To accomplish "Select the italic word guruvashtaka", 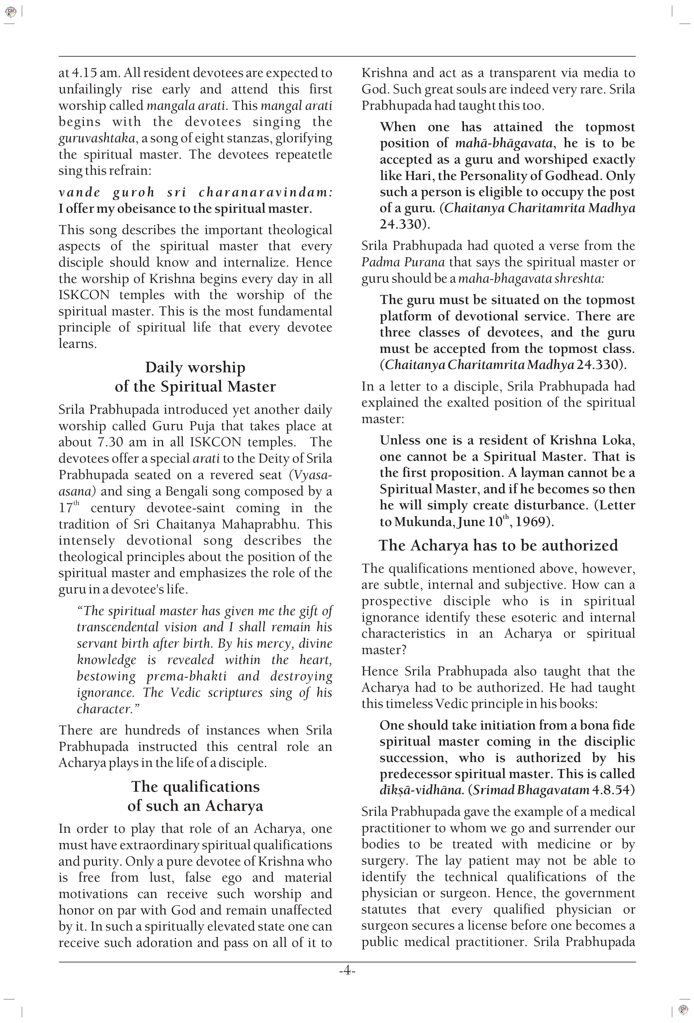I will (97, 138).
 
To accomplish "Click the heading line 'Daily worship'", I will (195, 367).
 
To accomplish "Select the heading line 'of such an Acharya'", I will (195, 806).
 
